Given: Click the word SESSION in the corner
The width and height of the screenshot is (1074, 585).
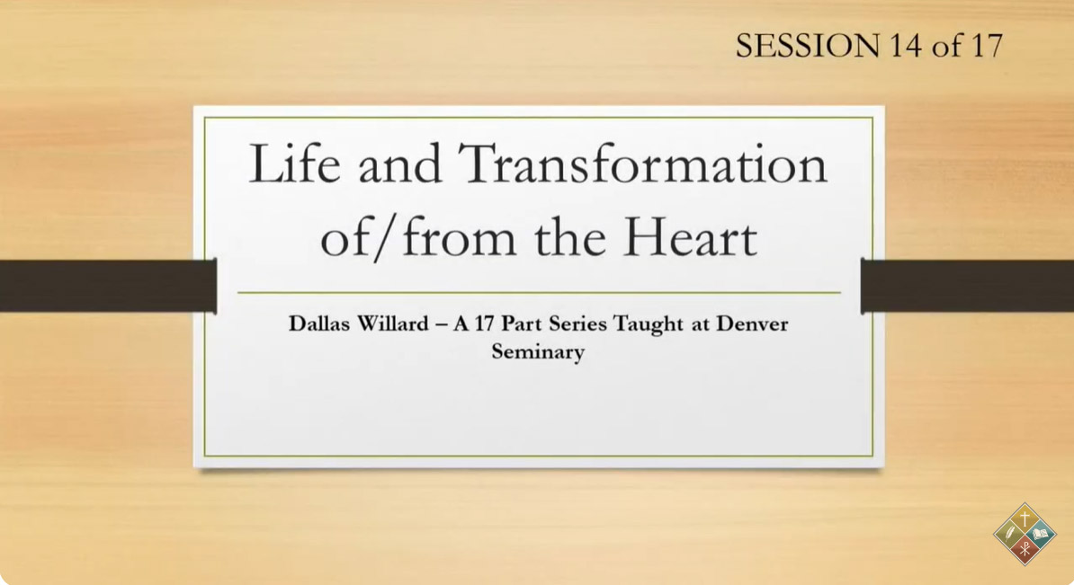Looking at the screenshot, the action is pyautogui.click(x=807, y=46).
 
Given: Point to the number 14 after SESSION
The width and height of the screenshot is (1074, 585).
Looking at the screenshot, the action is pyautogui.click(x=905, y=46).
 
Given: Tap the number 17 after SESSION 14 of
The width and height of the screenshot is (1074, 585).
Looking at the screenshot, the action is pyautogui.click(x=987, y=46).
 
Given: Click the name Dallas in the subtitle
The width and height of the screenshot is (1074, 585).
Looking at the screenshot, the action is pyautogui.click(x=318, y=323).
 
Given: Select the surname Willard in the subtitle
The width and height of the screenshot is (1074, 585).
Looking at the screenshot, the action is pyautogui.click(x=393, y=323).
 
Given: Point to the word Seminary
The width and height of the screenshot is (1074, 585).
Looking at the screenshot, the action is pyautogui.click(x=538, y=351).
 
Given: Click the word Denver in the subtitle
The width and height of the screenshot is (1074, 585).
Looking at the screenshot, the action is pyautogui.click(x=752, y=323).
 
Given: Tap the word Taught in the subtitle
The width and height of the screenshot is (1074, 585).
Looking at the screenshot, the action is pyautogui.click(x=648, y=324).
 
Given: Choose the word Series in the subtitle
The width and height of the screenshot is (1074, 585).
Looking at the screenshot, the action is pyautogui.click(x=577, y=323).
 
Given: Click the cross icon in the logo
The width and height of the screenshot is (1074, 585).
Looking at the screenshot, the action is pyautogui.click(x=1025, y=518).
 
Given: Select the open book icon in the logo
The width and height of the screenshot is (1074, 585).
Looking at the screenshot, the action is pyautogui.click(x=1041, y=533).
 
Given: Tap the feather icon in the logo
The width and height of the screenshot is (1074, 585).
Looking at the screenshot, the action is pyautogui.click(x=1008, y=534).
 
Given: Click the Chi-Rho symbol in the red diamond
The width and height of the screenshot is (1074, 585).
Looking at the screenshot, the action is pyautogui.click(x=1025, y=549).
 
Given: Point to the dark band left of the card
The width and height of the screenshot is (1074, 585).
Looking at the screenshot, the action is pyautogui.click(x=108, y=286).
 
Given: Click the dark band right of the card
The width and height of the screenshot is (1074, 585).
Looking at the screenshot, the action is pyautogui.click(x=967, y=286).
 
